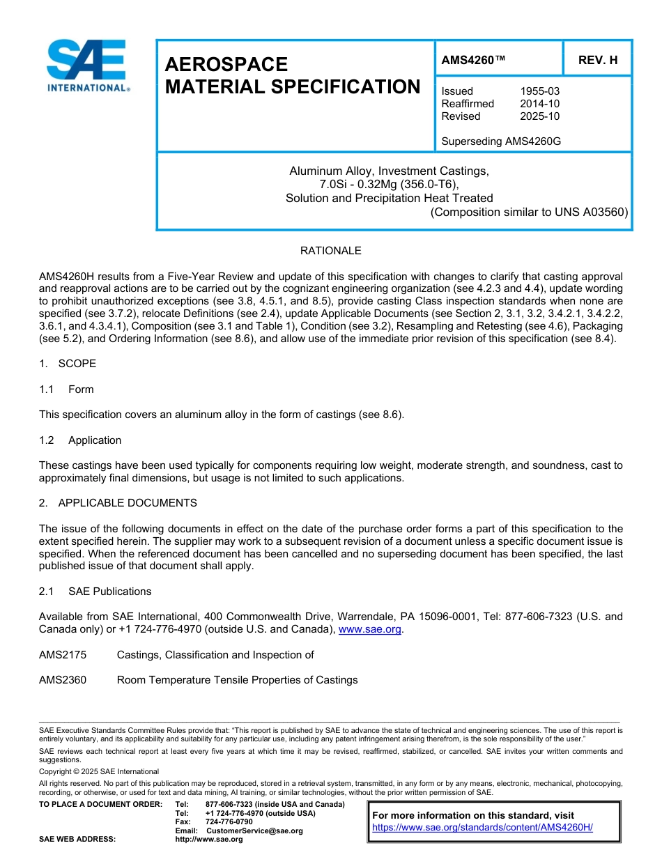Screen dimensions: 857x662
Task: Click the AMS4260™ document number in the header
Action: click(x=473, y=61)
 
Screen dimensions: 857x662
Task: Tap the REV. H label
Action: click(x=598, y=61)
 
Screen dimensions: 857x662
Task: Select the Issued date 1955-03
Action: click(x=539, y=91)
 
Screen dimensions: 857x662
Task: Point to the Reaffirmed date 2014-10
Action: click(x=539, y=104)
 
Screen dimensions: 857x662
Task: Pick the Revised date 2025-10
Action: click(x=539, y=116)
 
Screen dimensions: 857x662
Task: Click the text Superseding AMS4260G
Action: click(x=501, y=141)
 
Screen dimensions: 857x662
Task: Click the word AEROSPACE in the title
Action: click(x=226, y=65)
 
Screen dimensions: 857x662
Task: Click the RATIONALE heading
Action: click(x=330, y=251)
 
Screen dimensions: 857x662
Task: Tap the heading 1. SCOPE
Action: click(x=68, y=364)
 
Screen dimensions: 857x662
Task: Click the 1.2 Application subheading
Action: click(x=80, y=440)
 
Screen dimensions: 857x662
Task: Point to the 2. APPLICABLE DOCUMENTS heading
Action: click(x=118, y=503)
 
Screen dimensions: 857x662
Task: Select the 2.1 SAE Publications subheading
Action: click(x=95, y=592)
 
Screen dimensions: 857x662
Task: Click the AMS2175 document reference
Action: click(x=63, y=655)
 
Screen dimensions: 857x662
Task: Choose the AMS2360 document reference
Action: click(x=63, y=680)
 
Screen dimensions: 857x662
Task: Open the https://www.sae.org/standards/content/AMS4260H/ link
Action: click(x=482, y=828)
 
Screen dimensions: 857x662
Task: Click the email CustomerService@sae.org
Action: click(x=254, y=831)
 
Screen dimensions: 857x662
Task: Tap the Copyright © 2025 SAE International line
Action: click(x=99, y=771)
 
